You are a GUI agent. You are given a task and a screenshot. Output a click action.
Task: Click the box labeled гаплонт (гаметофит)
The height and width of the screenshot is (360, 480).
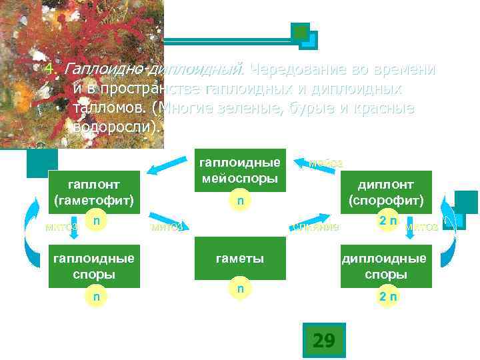[94, 192]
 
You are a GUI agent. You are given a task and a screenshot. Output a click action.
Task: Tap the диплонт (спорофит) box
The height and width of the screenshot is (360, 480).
[385, 192]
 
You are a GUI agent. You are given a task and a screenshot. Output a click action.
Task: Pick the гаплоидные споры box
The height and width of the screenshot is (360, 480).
[94, 267]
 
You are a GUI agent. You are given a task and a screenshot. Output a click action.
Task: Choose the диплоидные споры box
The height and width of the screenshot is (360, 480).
[385, 267]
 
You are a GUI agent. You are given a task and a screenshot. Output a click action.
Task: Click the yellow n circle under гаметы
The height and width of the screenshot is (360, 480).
[239, 287]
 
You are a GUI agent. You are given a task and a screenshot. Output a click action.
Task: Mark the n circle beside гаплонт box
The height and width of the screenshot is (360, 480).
[96, 220]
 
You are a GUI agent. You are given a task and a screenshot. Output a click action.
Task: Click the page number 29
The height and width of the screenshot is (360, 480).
[323, 341]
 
